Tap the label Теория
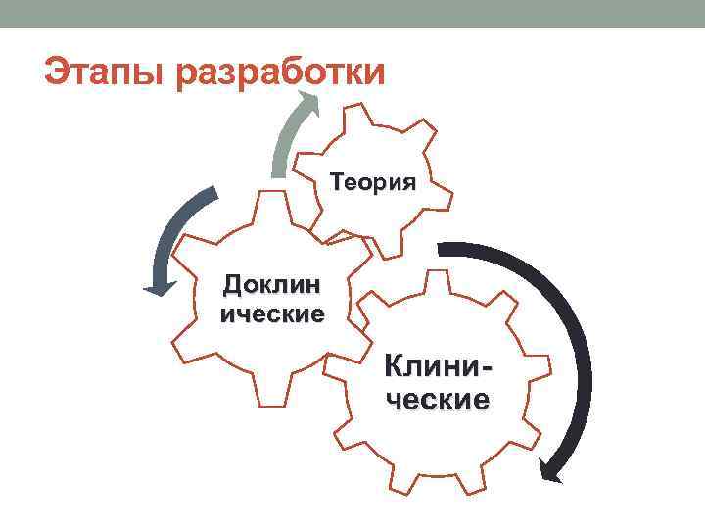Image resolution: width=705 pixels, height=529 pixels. pyautogui.click(x=373, y=182)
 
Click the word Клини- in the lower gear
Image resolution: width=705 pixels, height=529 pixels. pyautogui.click(x=438, y=369)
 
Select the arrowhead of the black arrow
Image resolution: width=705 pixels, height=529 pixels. pyautogui.click(x=554, y=473)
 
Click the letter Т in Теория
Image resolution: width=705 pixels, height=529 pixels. pyautogui.click(x=338, y=182)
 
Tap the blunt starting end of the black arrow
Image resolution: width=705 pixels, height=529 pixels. pyautogui.click(x=443, y=249)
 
